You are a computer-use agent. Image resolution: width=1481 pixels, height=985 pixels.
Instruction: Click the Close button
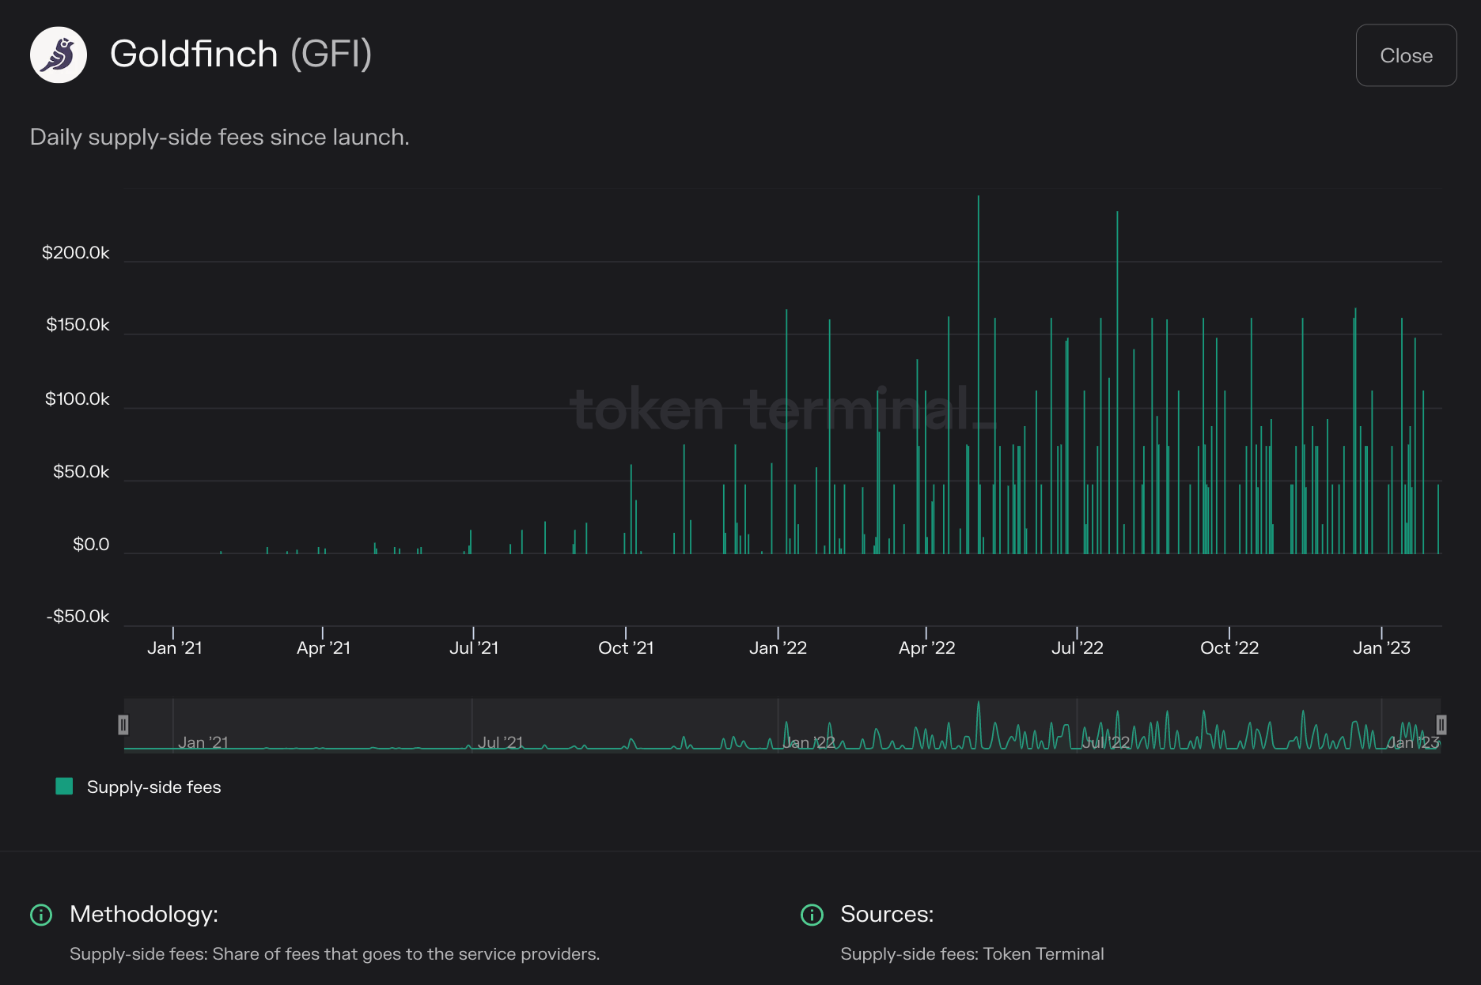pos(1406,55)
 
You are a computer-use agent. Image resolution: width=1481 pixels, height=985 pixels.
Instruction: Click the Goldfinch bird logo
pos(59,55)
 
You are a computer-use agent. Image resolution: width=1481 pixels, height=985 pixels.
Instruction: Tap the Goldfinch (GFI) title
pos(241,54)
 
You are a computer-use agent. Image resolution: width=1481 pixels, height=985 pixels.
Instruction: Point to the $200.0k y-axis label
pos(76,253)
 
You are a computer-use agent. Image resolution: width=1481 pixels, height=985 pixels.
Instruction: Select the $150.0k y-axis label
pos(78,325)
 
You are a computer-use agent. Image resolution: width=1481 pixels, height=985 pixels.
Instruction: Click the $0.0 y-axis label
pos(91,545)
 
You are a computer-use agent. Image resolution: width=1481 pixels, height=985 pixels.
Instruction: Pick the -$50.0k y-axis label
pos(78,617)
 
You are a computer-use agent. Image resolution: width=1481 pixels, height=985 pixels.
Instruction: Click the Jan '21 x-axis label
pos(175,648)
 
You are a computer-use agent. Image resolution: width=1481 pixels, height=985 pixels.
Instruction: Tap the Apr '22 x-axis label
pos(926,648)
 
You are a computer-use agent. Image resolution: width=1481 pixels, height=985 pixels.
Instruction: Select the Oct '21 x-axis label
pos(626,648)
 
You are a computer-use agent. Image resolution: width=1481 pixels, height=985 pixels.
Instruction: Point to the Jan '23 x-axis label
pos(1381,648)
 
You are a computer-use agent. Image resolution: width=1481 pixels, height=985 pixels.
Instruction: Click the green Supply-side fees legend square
pos(64,787)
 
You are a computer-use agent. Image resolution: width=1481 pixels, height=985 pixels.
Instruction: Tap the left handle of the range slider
pos(123,725)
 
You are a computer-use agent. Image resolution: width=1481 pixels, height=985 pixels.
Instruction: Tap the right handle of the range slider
pos(1441,725)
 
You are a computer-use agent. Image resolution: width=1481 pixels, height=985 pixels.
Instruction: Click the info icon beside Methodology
pos(41,915)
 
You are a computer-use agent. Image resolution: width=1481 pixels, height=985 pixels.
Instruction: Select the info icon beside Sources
pos(812,915)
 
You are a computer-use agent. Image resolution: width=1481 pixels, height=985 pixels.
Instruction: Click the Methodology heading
pos(144,915)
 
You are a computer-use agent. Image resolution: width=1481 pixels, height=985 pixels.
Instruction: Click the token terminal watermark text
pos(783,409)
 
